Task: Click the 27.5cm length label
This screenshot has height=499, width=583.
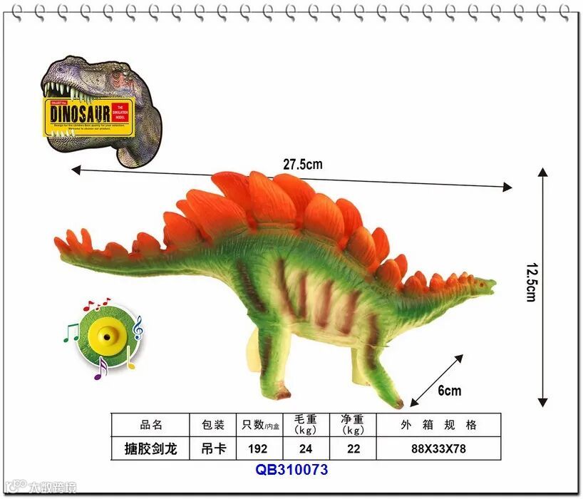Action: [302, 164]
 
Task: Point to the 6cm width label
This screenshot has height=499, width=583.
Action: [449, 390]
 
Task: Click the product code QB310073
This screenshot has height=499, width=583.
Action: [291, 470]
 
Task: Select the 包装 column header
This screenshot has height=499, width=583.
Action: [213, 425]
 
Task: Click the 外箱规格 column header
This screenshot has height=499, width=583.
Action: [438, 425]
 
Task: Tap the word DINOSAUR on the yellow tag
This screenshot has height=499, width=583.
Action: [81, 113]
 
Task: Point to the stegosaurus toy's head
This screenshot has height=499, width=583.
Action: [484, 286]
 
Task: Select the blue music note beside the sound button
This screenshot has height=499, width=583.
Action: [138, 327]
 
